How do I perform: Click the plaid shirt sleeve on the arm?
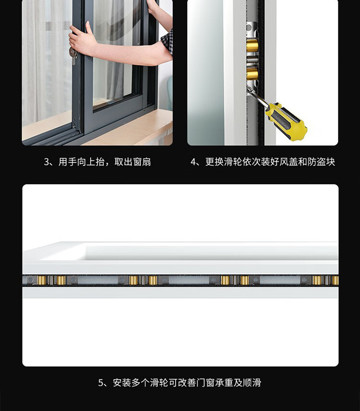(x=167, y=42)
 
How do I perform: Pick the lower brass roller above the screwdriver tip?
(x=252, y=74)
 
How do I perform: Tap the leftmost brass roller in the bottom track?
(x=42, y=280)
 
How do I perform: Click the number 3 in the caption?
(x=47, y=162)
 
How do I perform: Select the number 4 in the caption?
(x=193, y=162)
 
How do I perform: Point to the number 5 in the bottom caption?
(x=101, y=383)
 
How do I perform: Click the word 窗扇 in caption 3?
(x=142, y=162)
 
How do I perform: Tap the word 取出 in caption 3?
(x=123, y=162)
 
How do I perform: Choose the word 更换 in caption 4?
(x=215, y=162)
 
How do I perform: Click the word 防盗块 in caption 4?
(x=322, y=162)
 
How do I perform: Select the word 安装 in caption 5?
(x=122, y=383)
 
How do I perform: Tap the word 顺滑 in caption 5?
(x=252, y=383)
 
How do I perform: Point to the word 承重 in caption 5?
(x=224, y=383)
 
